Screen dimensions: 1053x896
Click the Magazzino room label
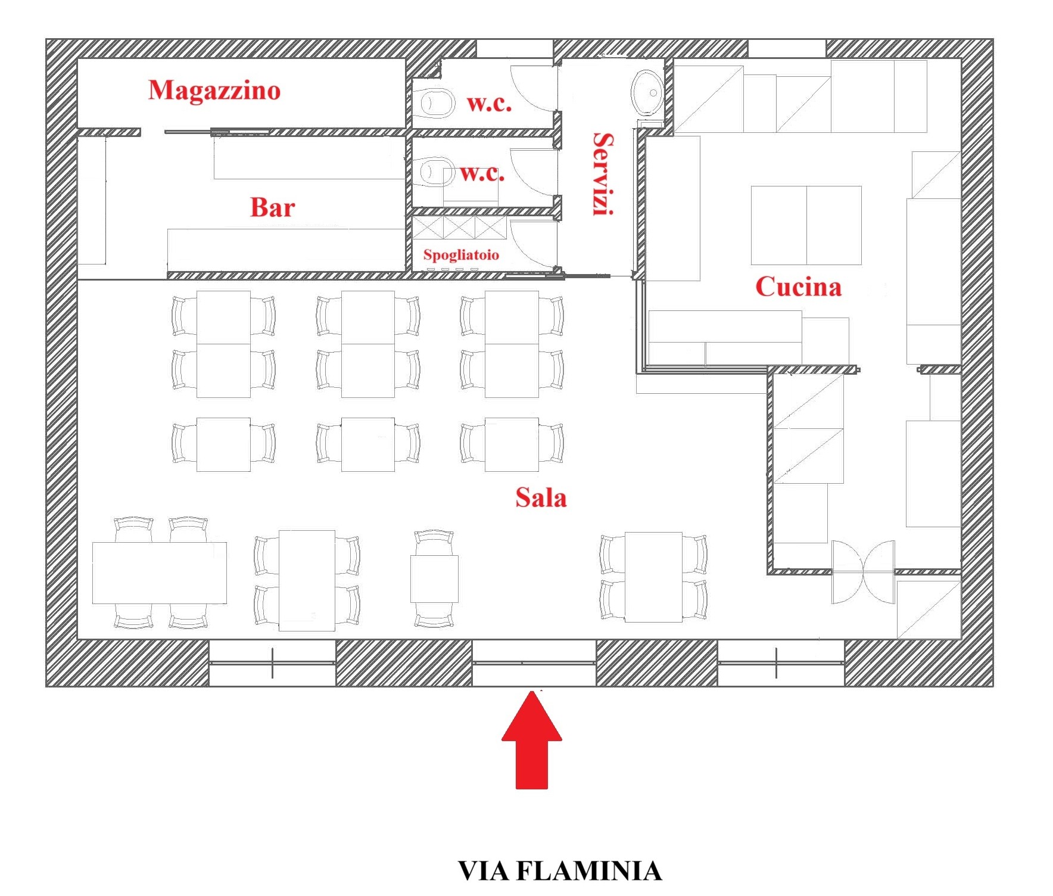click(214, 91)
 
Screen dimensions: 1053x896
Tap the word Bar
click(272, 207)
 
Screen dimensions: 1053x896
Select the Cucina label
click(799, 287)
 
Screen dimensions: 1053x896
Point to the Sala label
click(541, 497)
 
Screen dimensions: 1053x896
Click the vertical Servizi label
click(603, 174)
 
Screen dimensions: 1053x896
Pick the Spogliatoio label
click(461, 255)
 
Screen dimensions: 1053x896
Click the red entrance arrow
click(532, 740)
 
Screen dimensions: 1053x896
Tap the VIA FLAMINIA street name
click(560, 870)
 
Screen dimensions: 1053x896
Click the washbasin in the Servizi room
click(647, 92)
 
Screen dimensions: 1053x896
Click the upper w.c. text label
click(489, 104)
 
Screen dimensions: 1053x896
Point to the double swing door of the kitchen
click(863, 572)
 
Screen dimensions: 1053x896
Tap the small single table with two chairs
click(434, 578)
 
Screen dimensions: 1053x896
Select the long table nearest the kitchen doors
click(653, 577)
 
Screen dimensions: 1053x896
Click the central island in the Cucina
click(806, 225)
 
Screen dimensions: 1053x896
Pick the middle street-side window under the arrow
click(534, 663)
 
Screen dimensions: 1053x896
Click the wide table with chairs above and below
click(160, 573)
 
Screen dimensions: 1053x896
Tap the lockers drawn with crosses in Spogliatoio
click(459, 228)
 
